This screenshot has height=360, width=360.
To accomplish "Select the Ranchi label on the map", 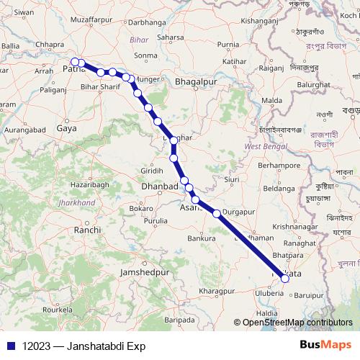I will click(87, 230).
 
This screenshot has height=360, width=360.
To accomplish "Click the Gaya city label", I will click(67, 127).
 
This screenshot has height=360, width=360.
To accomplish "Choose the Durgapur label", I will click(240, 212).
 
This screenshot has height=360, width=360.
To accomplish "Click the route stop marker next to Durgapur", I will click(217, 213).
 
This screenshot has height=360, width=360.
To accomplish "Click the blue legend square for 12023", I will click(11, 346).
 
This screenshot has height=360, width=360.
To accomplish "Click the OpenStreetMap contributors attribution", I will click(297, 323).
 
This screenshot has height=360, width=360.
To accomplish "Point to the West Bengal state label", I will click(261, 147).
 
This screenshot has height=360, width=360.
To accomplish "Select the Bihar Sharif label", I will click(100, 86).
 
